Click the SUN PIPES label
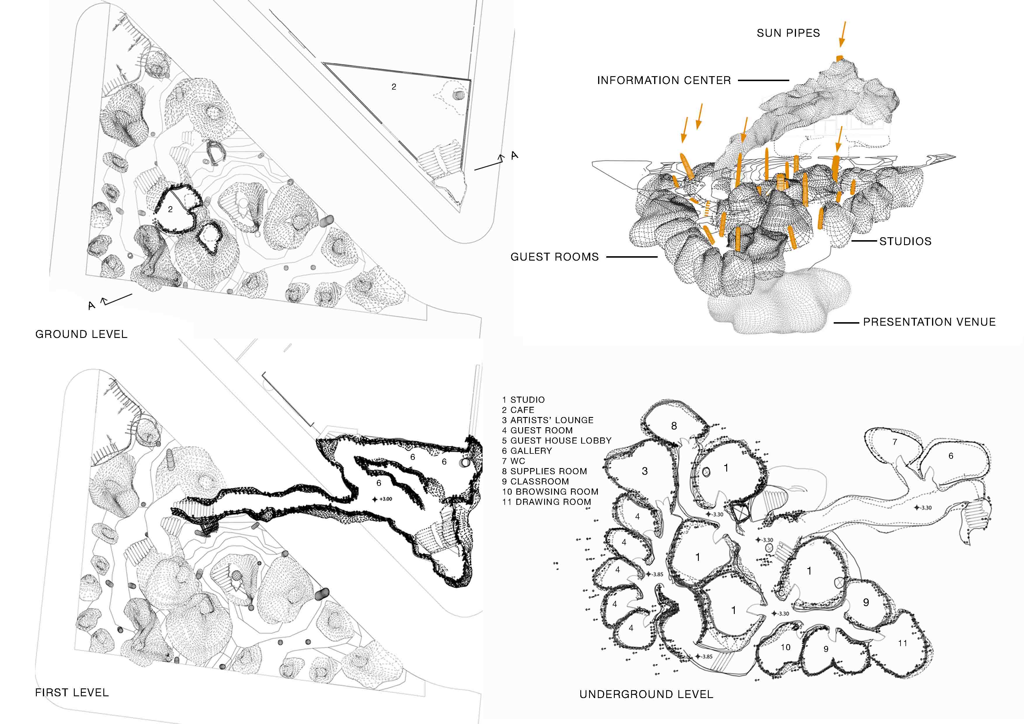[x=788, y=33]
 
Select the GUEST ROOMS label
[x=554, y=257]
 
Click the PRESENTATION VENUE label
[x=929, y=322]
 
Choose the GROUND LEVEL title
[x=81, y=334]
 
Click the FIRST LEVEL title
[x=72, y=692]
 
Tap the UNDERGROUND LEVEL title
[x=646, y=694]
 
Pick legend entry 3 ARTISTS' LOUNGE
[x=548, y=420]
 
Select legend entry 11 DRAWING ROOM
[x=546, y=502]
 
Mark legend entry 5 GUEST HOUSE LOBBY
[x=557, y=440]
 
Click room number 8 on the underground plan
[x=674, y=426]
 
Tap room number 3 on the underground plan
[x=645, y=471]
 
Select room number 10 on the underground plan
[x=786, y=647]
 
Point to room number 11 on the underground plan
[x=903, y=643]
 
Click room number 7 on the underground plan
[x=895, y=442]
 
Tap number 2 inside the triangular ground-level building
[x=394, y=87]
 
